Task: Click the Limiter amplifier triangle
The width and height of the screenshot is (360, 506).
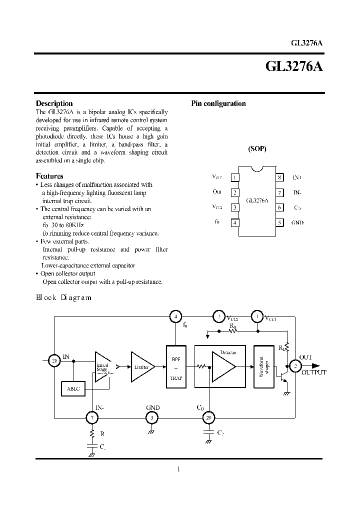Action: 141,367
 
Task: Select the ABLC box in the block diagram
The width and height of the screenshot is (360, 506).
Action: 73,388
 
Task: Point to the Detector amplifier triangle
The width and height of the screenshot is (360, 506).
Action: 222,367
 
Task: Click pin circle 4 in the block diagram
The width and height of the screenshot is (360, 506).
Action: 175,316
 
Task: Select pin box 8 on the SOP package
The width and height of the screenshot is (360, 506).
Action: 280,177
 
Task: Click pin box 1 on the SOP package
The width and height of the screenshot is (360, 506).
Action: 234,177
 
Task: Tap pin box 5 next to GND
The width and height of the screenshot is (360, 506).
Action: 280,223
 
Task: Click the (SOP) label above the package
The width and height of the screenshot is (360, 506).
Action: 257,149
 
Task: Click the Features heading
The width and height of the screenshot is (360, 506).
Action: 49,176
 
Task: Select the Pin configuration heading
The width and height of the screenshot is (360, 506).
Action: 218,103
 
